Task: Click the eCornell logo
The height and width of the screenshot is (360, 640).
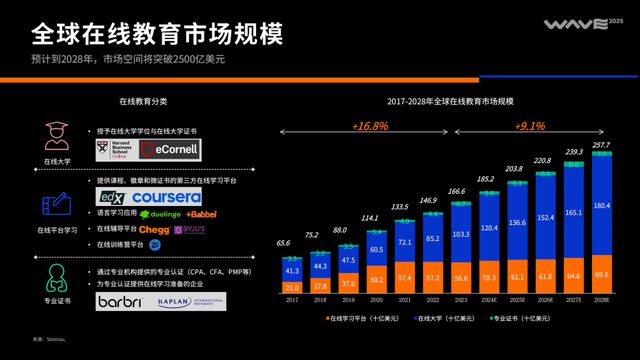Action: pos(170,150)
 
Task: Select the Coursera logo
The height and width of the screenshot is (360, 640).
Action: pos(165,197)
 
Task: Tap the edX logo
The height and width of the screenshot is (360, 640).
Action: pos(111,197)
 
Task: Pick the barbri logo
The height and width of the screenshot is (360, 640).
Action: pos(121,300)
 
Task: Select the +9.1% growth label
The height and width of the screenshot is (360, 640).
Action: pos(530,127)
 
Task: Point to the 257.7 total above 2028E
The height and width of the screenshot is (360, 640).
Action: pos(601,145)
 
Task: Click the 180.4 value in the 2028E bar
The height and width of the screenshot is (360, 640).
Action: pos(601,206)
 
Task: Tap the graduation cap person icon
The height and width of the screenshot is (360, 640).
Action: pos(55,135)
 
